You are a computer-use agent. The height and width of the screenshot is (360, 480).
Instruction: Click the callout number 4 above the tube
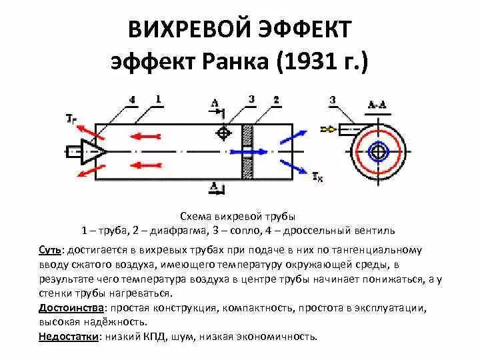tap(133, 100)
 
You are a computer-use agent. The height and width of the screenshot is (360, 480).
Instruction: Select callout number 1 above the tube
tap(158, 99)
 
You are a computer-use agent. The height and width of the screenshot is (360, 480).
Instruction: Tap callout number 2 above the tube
tap(275, 100)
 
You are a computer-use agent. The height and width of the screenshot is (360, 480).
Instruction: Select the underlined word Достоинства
tap(71, 309)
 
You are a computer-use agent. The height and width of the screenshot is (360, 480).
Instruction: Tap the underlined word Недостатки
tap(69, 337)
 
